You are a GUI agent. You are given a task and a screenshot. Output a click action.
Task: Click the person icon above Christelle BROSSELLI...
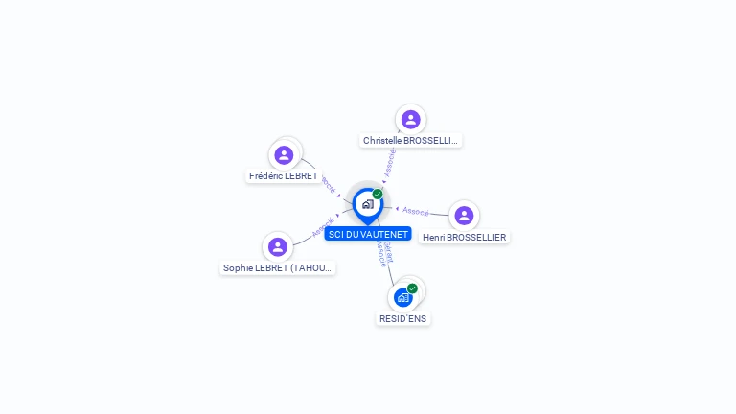point(411,120)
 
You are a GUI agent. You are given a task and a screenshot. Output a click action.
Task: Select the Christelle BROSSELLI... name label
point(411,141)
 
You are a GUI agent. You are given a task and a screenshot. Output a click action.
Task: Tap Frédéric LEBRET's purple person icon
point(284,154)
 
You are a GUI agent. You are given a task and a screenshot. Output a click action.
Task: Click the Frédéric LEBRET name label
point(284,176)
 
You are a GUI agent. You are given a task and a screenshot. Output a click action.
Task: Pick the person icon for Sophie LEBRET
point(278,247)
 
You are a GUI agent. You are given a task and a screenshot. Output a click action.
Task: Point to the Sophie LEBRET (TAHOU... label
point(278,268)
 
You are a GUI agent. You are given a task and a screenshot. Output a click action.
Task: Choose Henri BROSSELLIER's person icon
point(464,216)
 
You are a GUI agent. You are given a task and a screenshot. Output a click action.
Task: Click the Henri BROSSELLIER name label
point(465,238)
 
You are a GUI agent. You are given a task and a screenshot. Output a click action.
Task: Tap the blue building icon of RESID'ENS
point(402,297)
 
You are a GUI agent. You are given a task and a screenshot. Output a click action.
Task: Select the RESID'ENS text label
point(403,318)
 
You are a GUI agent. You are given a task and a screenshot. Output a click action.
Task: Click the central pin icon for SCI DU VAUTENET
point(367,204)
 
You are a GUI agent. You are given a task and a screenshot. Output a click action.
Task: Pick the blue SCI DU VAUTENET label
point(368,234)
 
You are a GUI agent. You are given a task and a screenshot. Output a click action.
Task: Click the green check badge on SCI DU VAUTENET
point(378,195)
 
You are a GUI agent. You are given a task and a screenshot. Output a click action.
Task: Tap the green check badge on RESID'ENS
point(412,288)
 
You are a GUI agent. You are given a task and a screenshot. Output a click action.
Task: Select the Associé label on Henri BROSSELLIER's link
point(416,211)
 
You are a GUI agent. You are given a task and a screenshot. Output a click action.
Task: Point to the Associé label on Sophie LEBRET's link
point(323,228)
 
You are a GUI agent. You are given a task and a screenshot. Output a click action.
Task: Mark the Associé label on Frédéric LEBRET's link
point(328,181)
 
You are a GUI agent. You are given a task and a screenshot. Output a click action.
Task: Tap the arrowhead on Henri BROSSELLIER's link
point(397,208)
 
